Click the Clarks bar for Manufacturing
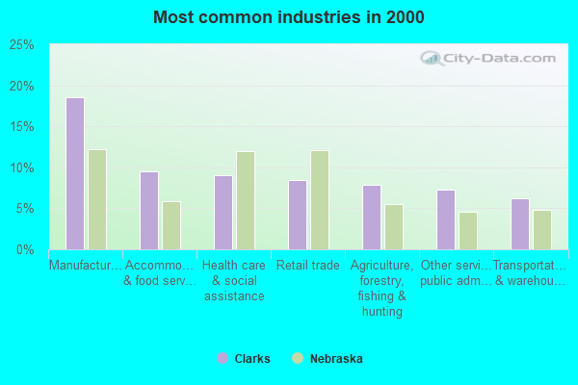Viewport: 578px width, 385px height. pos(75,173)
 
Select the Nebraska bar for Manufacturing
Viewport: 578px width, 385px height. pos(97,199)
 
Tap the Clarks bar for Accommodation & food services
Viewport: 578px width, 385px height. pos(149,211)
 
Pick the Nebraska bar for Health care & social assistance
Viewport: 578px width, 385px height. pos(246,200)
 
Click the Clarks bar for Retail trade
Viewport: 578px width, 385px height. pos(298,215)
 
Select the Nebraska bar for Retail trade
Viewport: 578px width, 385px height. pos(320,200)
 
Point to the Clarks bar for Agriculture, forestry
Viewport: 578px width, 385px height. pos(372,218)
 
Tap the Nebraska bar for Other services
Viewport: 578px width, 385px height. pos(468,231)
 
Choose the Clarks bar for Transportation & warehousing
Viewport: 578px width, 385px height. pos(520,224)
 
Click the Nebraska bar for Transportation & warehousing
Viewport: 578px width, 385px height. pos(542,230)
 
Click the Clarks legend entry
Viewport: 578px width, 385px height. pos(244,359)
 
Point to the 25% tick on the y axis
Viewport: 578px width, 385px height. pos(22,45)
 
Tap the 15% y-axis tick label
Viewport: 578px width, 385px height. pos(22,127)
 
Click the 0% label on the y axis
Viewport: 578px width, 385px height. pos(26,250)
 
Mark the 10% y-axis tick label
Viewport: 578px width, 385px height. pos(22,168)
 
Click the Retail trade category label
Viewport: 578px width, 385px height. pos(308,266)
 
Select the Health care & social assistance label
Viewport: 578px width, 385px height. pos(234,280)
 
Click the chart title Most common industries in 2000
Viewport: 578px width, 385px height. pos(289,17)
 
